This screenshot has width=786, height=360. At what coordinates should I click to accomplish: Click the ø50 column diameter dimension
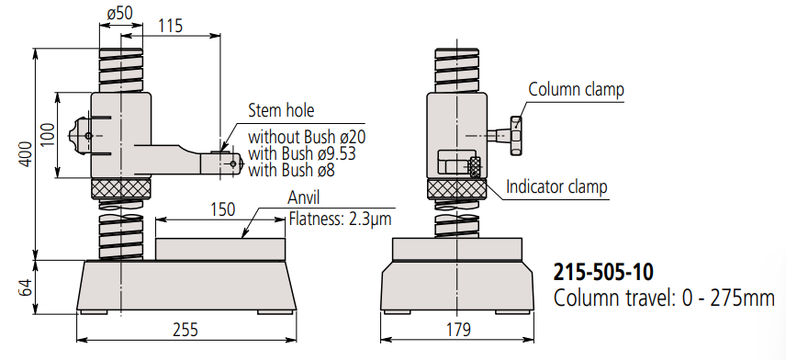[x=120, y=13]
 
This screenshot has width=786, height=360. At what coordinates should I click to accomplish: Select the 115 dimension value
[x=171, y=26]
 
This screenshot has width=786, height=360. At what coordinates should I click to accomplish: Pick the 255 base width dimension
[x=185, y=330]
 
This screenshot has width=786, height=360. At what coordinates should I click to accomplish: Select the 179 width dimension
[x=458, y=330]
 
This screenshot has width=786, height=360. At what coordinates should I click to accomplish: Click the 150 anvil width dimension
[x=221, y=209]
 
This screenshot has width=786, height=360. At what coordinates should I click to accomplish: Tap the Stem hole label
[x=281, y=110]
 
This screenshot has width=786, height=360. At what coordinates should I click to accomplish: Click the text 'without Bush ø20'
[x=307, y=137]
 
